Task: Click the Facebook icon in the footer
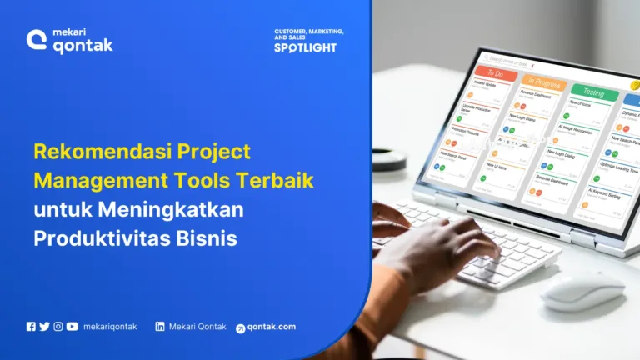31,327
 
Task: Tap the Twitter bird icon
44,327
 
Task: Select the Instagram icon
58,327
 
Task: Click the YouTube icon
72,327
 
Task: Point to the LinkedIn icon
160,327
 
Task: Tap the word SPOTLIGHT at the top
305,47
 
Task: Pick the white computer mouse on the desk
582,289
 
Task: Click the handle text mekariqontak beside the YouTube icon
110,327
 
